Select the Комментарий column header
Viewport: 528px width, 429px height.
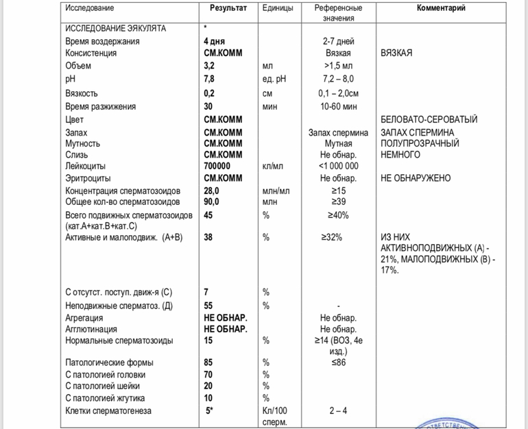tap(442, 8)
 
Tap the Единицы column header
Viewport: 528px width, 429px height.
tap(278, 8)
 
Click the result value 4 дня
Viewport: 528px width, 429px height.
tap(215, 41)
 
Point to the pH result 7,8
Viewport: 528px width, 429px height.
tap(208, 79)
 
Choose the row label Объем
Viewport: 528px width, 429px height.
tap(78, 66)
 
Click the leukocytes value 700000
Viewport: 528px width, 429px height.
tap(217, 166)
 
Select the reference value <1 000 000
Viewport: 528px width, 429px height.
tap(338, 166)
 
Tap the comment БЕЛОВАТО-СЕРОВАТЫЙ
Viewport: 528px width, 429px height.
tap(429, 119)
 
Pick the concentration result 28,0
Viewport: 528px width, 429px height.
tap(211, 191)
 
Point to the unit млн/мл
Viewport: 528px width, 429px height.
tap(278, 191)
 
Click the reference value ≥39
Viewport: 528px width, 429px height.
tap(338, 201)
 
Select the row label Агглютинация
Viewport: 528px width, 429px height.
tap(90, 329)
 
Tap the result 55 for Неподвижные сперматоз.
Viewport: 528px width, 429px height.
tap(208, 305)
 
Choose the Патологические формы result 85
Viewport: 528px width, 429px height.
tap(208, 362)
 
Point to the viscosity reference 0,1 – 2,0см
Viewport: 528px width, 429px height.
tap(338, 93)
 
